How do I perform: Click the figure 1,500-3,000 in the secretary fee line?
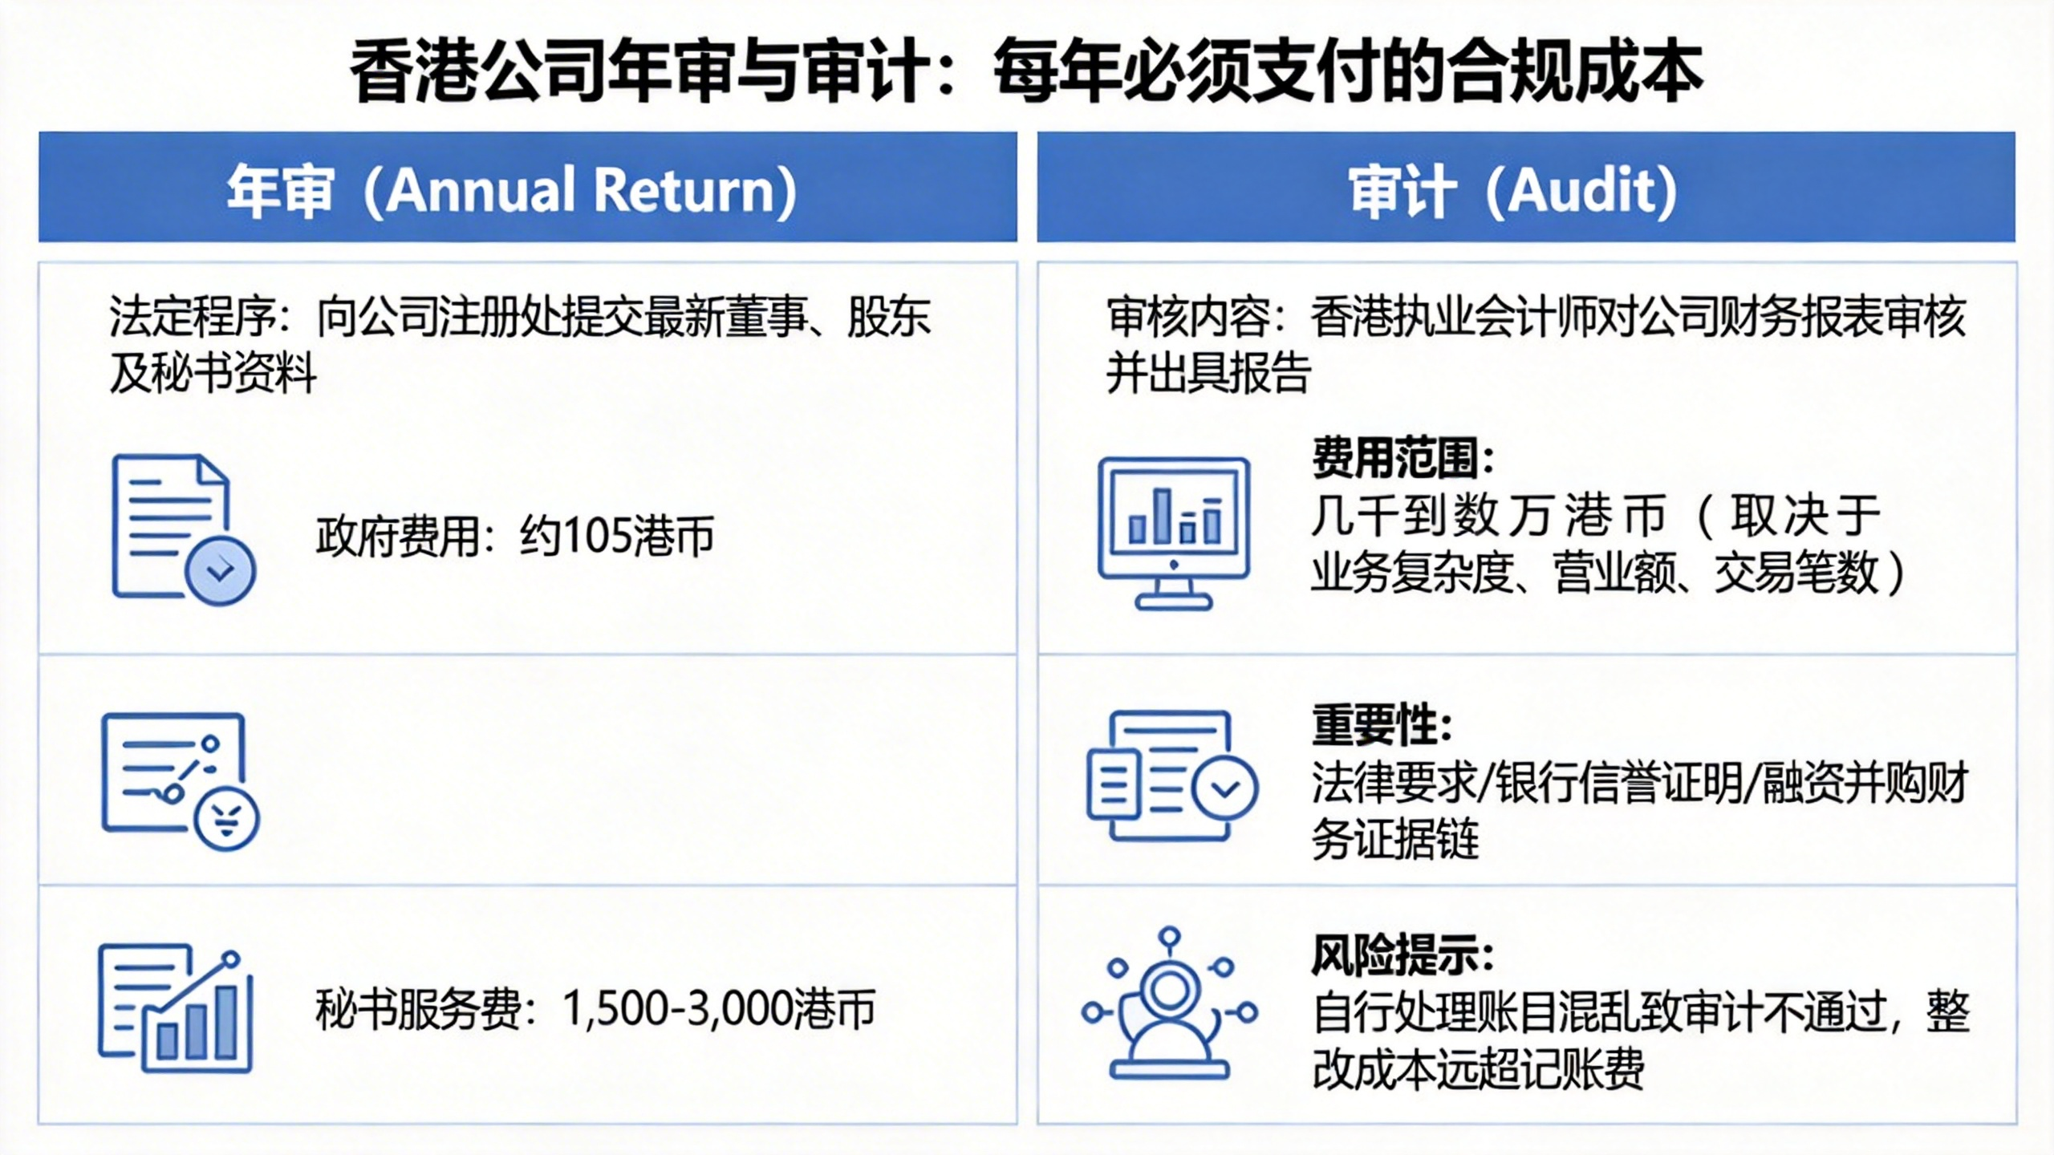pos(676,1009)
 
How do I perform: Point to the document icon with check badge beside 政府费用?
pos(183,529)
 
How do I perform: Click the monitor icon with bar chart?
pos(1173,533)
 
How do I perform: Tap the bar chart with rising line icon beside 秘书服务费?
pos(176,1009)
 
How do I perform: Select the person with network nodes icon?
pos(1169,1003)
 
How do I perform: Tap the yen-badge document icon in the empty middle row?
pos(180,781)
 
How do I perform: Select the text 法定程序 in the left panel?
pos(193,316)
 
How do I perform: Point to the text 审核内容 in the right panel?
pos(1190,316)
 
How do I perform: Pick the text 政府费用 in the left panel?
pos(398,536)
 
